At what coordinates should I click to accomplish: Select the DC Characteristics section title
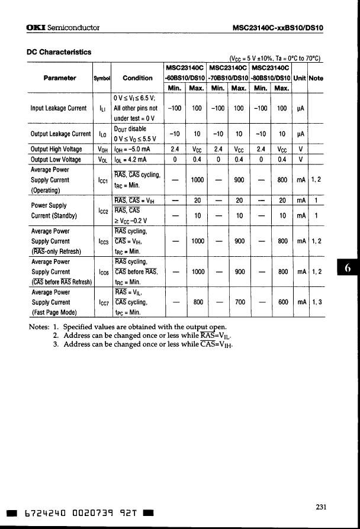point(59,51)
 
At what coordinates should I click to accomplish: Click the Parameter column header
point(59,78)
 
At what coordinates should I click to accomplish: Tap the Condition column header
point(137,78)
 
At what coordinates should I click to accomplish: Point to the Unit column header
point(300,78)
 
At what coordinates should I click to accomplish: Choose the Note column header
point(316,78)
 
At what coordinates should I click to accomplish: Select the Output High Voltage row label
point(56,149)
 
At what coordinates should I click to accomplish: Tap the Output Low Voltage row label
point(56,159)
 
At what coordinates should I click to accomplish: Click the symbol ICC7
point(102,302)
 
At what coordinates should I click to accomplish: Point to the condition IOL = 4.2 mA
point(131,159)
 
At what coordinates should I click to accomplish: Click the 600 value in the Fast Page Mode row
point(282,302)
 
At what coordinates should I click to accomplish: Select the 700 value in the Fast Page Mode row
point(239,302)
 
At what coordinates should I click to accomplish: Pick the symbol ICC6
point(102,272)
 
